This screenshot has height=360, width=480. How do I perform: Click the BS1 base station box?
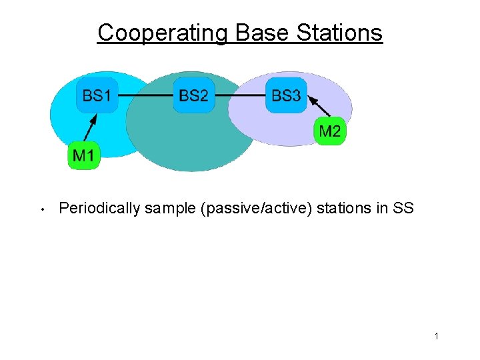click(97, 95)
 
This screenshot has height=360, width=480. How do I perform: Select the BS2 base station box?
click(193, 95)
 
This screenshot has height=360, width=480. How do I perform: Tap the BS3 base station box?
click(286, 95)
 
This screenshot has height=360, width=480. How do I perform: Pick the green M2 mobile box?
click(329, 131)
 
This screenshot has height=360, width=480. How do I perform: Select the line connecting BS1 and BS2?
click(145, 96)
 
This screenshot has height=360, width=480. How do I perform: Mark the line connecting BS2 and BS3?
click(240, 96)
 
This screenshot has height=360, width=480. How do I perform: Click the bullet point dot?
click(41, 210)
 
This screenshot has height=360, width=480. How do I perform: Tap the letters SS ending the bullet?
click(403, 208)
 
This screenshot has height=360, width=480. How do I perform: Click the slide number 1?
click(437, 336)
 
